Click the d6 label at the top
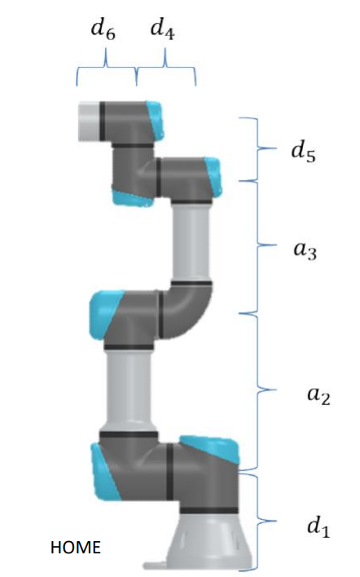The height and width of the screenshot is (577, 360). [103, 33]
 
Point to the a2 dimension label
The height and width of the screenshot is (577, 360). [315, 397]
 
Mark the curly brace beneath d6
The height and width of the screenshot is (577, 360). [107, 70]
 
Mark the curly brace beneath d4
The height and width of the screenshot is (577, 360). [166, 70]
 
